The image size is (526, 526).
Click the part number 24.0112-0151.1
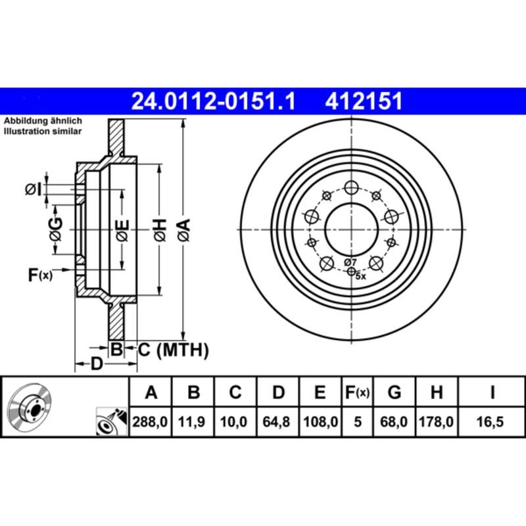[214, 101]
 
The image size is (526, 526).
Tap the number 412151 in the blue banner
[363, 101]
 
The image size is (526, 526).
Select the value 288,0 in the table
[151, 423]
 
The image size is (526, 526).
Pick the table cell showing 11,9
[193, 423]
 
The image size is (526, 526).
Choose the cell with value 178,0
[435, 423]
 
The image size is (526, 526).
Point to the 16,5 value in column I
[491, 423]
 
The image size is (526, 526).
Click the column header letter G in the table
[394, 393]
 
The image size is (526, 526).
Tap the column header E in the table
[320, 393]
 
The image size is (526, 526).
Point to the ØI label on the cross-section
[34, 190]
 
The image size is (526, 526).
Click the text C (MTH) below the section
[173, 350]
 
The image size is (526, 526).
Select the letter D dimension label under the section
[97, 364]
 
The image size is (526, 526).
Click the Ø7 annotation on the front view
[350, 262]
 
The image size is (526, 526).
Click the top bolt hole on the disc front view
[351, 187]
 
